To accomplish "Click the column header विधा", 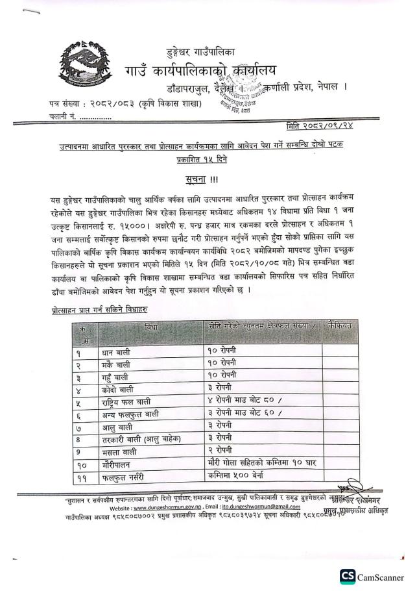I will click(x=150, y=326).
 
